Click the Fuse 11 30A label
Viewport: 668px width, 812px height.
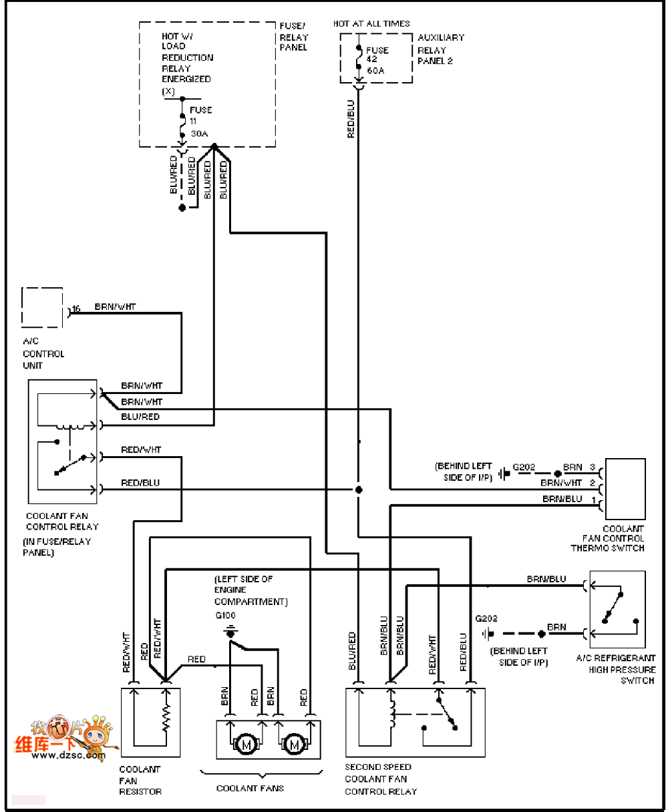200,122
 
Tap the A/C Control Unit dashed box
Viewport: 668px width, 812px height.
42,308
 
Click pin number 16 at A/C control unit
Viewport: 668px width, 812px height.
76,309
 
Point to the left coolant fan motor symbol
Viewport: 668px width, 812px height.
246,744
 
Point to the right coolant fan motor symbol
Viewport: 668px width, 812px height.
295,744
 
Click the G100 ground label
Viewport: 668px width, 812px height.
226,616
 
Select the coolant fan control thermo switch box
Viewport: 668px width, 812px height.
625,489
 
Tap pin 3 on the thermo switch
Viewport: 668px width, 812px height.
592,467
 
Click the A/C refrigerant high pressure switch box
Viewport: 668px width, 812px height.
617,609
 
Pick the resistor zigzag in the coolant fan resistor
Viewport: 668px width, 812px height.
166,718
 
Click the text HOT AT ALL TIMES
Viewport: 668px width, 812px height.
371,23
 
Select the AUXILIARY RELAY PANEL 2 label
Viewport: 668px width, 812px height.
440,49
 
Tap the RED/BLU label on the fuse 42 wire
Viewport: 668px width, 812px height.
351,119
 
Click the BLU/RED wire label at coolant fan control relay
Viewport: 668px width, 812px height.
140,417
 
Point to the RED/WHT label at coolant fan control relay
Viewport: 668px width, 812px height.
141,450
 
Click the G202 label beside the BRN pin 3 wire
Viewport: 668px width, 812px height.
524,467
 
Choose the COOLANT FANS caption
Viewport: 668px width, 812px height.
250,789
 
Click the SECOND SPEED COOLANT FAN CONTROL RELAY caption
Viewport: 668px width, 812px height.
380,779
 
